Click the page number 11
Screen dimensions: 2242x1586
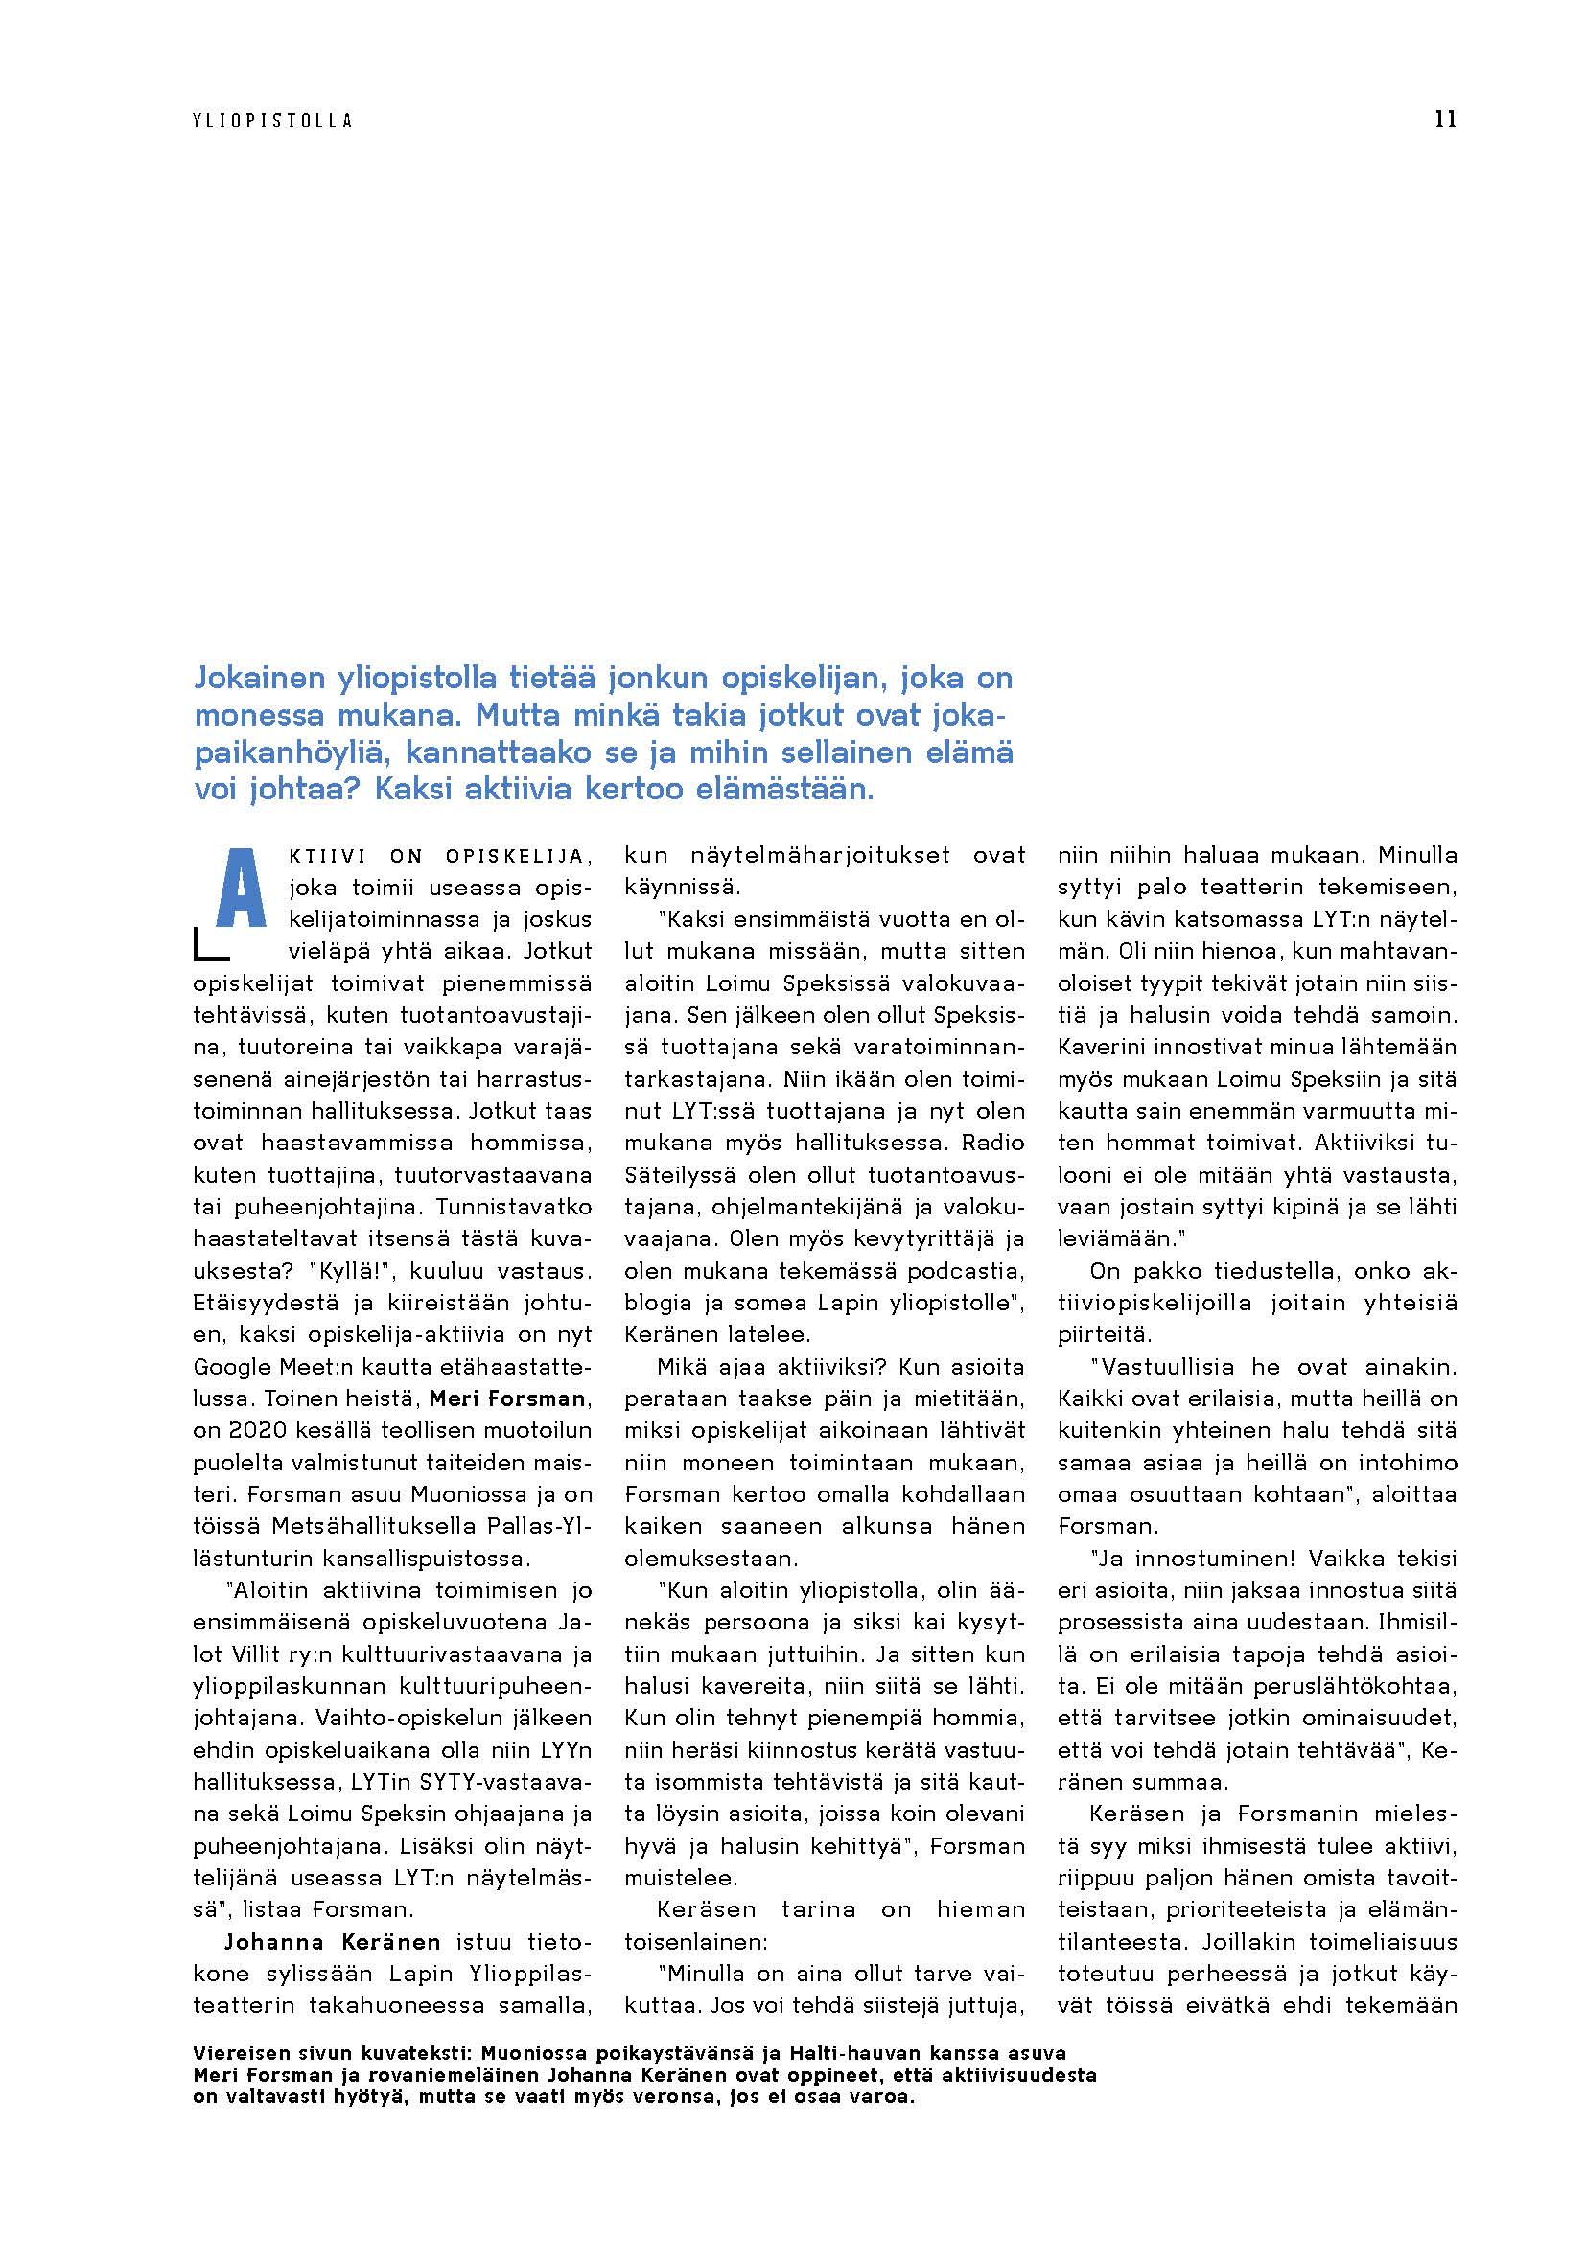1445,120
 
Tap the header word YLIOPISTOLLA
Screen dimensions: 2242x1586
272,121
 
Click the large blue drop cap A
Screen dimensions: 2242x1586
241,888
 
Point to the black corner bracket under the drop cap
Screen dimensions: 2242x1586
209,944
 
